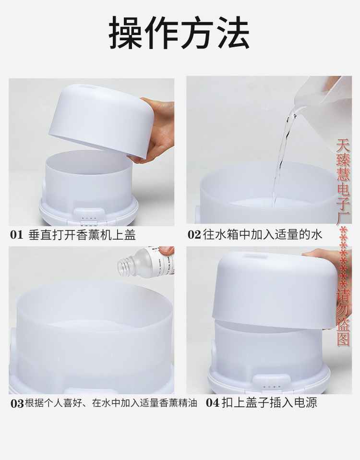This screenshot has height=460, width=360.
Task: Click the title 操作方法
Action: pos(180,33)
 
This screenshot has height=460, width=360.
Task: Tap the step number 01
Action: pos(17,235)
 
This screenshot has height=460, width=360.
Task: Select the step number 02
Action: pos(194,235)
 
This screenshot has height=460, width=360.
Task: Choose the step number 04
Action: pos(213,402)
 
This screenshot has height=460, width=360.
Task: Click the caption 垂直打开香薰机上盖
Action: pos(82,235)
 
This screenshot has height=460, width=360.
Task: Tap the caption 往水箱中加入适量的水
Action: pos(262,235)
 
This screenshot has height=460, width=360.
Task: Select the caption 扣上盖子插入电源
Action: pos(269,402)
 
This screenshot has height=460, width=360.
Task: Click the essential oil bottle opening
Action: pos(124,264)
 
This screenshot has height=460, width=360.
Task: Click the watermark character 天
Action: pos(343,145)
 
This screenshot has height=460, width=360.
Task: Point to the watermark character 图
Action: pos(343,339)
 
